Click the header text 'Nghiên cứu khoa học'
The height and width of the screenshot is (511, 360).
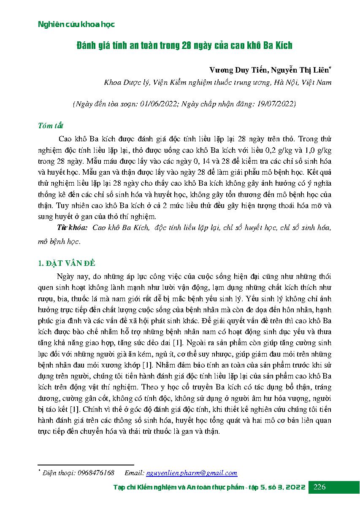click(76, 24)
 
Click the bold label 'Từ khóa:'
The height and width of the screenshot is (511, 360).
click(72, 228)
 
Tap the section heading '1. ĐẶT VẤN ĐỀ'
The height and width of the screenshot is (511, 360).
click(67, 264)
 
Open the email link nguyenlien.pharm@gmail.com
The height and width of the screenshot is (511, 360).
click(191, 473)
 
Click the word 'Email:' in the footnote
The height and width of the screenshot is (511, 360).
click(135, 473)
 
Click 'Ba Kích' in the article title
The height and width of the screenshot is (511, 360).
click(277, 46)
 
